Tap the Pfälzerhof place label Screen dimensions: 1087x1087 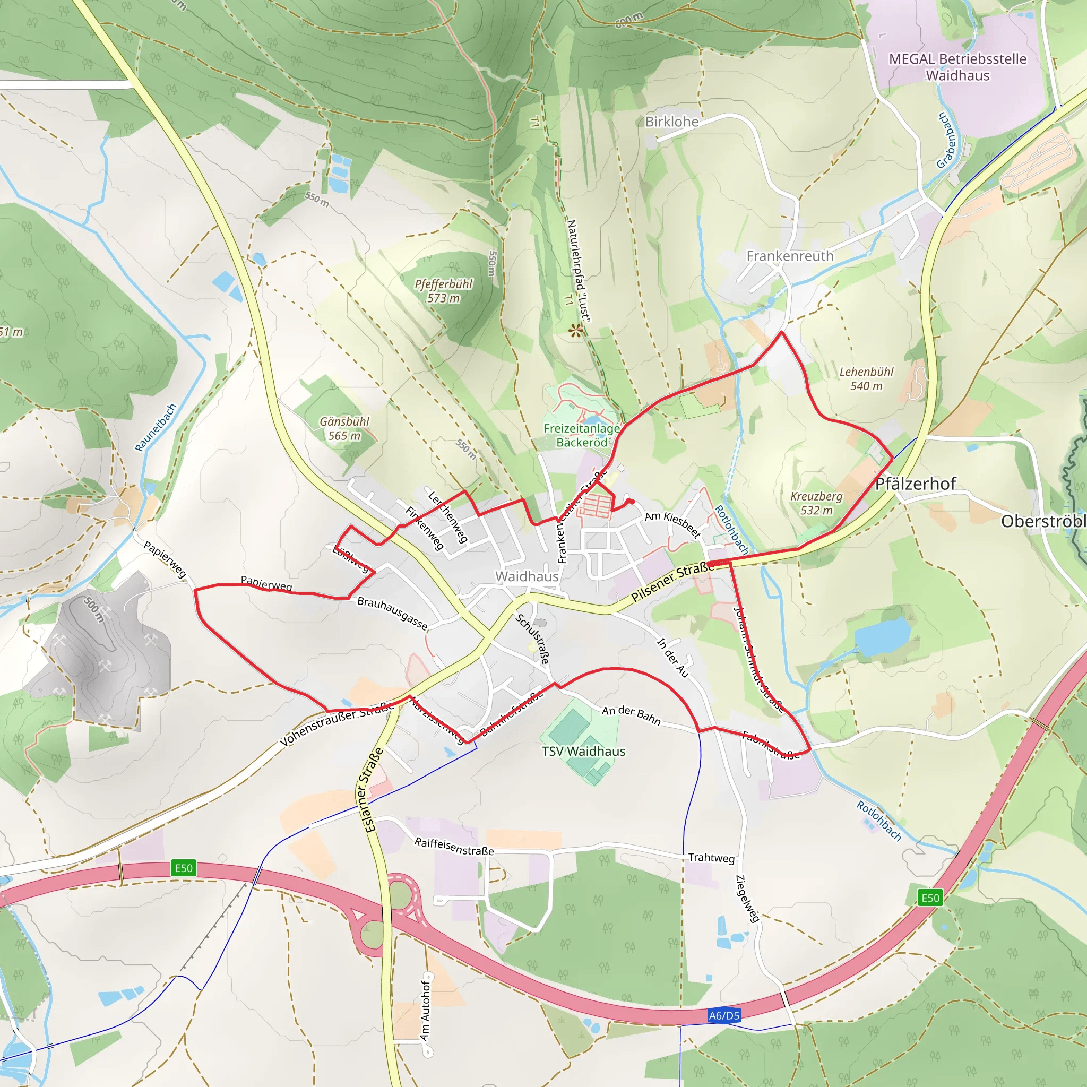pos(916,484)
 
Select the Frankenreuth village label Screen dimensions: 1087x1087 pos(789,256)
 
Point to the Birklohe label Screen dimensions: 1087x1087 pos(672,122)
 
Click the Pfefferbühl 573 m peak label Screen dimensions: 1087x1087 pos(443,291)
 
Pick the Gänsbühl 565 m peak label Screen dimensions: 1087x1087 pos(344,428)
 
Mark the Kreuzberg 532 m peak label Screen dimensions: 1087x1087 pos(816,503)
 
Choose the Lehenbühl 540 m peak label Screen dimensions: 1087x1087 pos(866,378)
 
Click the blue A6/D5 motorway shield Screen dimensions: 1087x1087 pos(724,1015)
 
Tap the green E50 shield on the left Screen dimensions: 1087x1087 pos(184,868)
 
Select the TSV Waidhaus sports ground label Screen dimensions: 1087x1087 pos(583,751)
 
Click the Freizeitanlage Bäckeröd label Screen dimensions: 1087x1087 pos(582,435)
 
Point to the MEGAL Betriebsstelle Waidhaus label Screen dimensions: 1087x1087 pos(957,67)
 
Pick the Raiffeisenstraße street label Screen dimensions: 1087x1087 pos(454,846)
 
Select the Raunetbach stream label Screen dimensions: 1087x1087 pos(156,427)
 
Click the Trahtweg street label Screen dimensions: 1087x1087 pos(711,858)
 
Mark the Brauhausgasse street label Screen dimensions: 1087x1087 pos(392,612)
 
